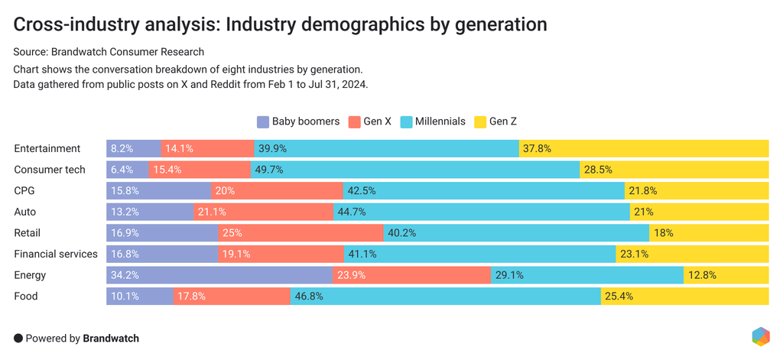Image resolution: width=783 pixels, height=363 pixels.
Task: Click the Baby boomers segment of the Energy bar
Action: coord(219,275)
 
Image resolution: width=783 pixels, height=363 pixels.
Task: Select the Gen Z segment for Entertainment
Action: coord(644,149)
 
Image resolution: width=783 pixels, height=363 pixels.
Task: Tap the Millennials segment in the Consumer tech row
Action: coord(414,170)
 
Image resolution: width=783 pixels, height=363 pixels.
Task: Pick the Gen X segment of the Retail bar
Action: coord(301,233)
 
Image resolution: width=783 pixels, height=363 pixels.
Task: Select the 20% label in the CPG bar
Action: coord(225,191)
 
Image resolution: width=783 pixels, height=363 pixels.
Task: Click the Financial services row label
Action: coord(56,254)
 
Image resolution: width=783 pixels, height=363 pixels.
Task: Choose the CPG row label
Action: coord(25,191)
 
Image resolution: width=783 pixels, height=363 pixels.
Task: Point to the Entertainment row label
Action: coord(47,149)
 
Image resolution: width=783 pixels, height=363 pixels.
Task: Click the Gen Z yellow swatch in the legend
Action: coord(480,122)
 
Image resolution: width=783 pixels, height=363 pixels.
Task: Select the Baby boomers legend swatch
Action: coord(263,122)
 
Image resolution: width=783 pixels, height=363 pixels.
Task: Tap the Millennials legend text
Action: coord(440,122)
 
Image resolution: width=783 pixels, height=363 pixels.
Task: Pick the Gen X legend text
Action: coord(378,122)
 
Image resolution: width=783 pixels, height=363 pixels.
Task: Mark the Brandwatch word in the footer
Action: coord(111,338)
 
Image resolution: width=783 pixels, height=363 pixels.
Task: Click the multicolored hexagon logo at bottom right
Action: coord(760,336)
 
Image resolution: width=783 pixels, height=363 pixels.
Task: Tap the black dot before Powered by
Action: coord(18,338)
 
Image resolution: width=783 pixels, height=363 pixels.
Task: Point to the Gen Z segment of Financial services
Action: coord(692,254)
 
